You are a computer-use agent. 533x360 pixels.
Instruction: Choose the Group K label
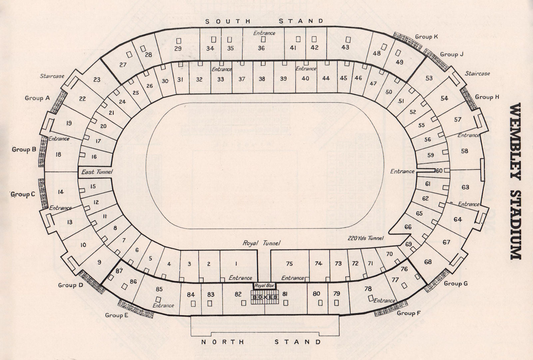(426, 37)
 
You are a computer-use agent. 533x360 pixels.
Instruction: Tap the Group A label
(37, 98)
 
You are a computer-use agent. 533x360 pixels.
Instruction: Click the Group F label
(406, 313)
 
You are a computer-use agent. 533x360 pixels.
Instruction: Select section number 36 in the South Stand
(261, 48)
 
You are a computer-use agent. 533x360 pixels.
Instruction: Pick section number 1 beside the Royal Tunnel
(236, 264)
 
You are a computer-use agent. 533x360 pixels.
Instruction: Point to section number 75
(289, 264)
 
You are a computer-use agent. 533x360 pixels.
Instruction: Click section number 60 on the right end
(439, 171)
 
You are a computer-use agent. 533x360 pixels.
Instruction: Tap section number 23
(97, 80)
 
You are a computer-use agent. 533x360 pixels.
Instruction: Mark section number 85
(159, 289)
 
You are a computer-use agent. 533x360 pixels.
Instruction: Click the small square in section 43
(348, 39)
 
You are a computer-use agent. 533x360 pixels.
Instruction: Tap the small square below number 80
(320, 303)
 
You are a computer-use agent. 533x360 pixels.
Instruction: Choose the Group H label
(487, 97)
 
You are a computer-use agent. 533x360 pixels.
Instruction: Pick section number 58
(464, 151)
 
